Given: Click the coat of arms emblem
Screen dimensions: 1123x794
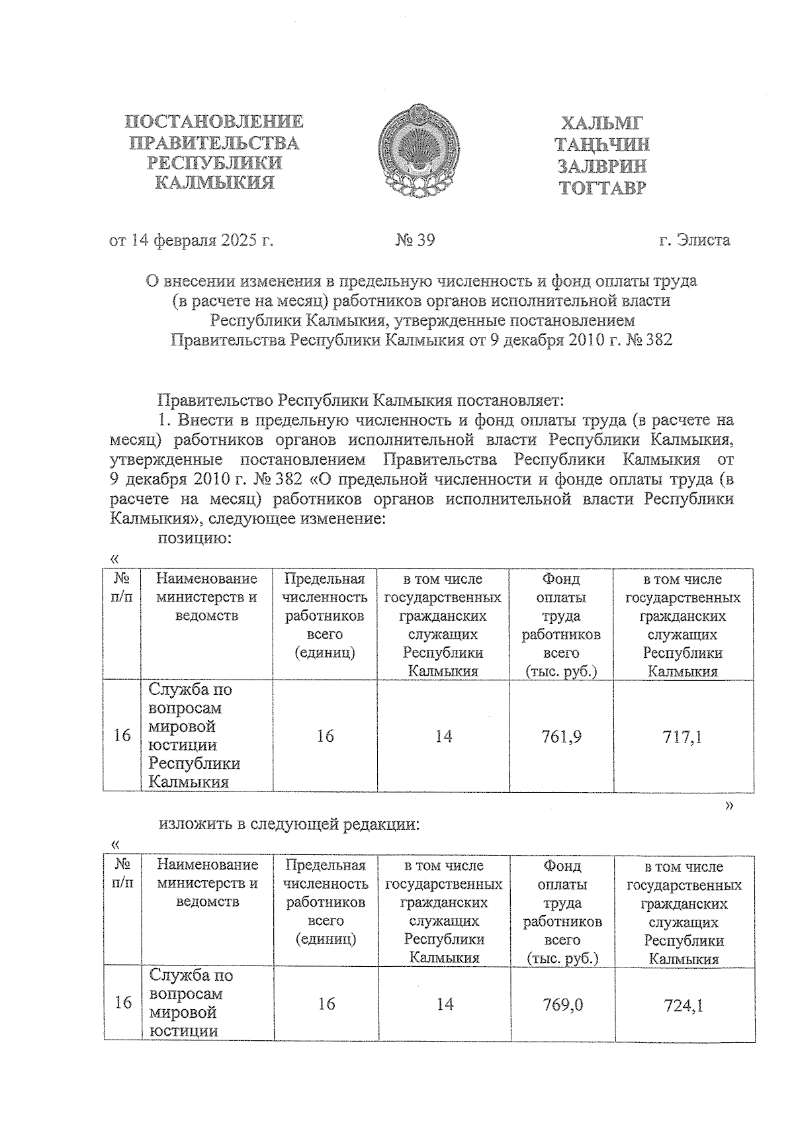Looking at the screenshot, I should [x=418, y=151].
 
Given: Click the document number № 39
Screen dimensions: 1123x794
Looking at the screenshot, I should [x=416, y=240].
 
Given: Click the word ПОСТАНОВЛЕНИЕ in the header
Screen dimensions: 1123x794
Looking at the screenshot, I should [x=214, y=122].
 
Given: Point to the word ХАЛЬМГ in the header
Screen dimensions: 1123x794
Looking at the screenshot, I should [x=602, y=124].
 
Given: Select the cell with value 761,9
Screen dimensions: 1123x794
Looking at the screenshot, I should [x=561, y=736].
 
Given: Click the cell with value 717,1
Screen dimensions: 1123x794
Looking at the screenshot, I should [x=682, y=737].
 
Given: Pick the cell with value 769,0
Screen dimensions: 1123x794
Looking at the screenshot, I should [x=562, y=1005].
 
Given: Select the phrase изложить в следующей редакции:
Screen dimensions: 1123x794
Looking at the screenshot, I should [x=289, y=825].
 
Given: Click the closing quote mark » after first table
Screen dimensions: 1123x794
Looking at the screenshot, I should [x=729, y=805].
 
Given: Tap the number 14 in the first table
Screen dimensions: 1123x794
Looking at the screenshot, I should [x=443, y=736].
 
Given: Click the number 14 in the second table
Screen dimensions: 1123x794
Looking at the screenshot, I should [x=445, y=1005].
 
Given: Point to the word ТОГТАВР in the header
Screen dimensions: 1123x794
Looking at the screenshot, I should [x=602, y=189].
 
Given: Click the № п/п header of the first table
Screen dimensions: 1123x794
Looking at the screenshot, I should [x=122, y=588].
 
